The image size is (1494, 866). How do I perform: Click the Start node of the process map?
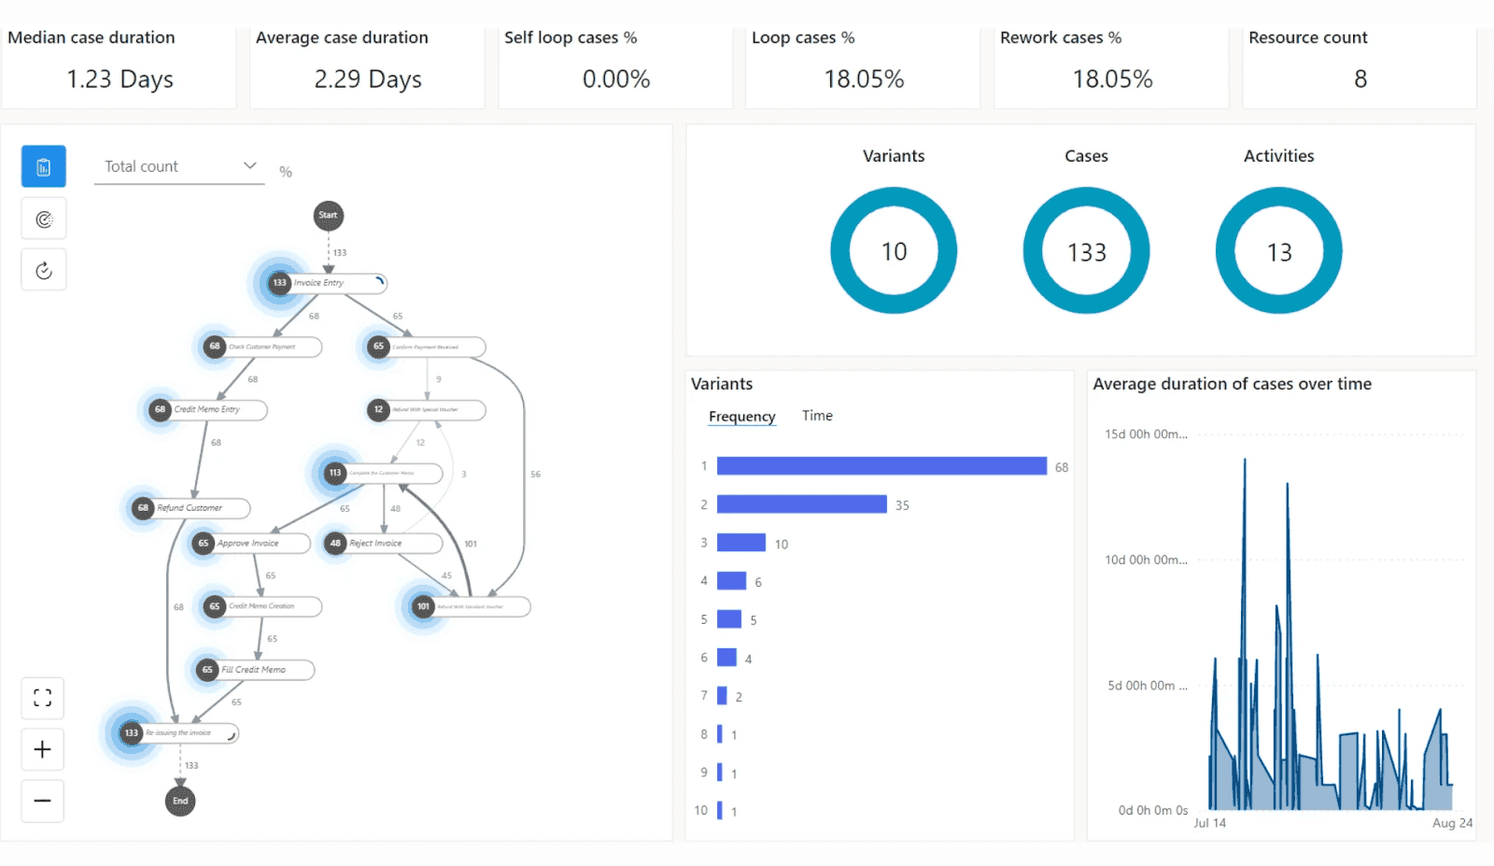[328, 216]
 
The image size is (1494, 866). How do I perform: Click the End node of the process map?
[180, 801]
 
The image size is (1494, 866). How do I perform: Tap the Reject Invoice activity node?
[383, 543]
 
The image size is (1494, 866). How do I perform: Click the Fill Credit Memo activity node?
[254, 670]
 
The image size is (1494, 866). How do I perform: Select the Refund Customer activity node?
[190, 508]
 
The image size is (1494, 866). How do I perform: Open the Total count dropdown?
[179, 166]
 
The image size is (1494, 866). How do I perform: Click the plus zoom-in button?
[43, 749]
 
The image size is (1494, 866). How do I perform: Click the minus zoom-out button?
[43, 801]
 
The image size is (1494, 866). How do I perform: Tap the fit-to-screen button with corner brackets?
[43, 698]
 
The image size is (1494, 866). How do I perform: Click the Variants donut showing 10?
[894, 250]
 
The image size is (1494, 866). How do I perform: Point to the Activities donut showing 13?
[1278, 250]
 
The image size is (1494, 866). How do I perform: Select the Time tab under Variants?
[817, 416]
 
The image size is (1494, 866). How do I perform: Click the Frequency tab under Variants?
[741, 417]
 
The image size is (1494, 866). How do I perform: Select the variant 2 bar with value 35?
[801, 504]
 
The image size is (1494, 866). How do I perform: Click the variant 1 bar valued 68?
[881, 466]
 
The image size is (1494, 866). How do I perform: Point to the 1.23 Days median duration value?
[120, 79]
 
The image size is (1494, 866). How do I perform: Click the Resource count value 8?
[1360, 79]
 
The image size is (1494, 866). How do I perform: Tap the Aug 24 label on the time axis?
[1452, 823]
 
